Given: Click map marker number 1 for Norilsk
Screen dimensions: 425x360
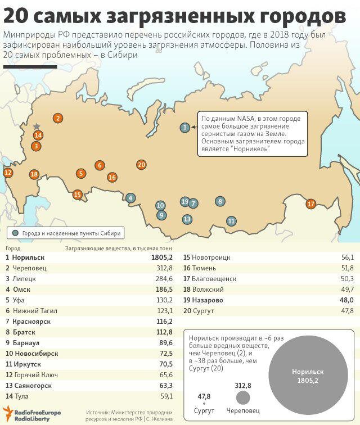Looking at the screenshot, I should (184, 128).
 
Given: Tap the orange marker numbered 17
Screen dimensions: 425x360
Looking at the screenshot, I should (311, 204).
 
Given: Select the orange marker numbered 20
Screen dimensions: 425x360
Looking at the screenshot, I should (141, 165).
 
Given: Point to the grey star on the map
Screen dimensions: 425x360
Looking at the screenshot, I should (37, 126).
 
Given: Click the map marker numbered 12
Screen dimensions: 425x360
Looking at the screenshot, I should (7, 173).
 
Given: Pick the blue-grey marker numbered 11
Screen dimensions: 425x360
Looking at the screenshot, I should (231, 221).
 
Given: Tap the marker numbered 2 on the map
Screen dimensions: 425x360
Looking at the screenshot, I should (57, 118).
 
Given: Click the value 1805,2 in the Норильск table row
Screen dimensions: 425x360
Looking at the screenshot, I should (160, 257).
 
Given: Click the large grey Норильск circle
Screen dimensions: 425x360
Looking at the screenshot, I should (308, 376).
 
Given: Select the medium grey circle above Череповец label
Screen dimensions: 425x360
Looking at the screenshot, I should (242, 398).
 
